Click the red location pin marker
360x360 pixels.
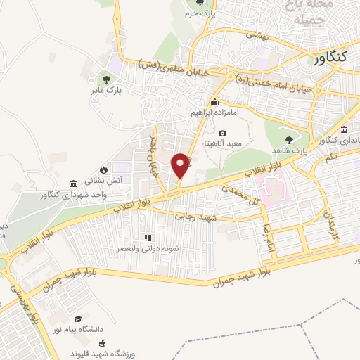tap(181, 165)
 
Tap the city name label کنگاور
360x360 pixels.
tap(328, 60)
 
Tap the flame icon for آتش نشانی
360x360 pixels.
tap(103, 169)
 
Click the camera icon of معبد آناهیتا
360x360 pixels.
tap(223, 133)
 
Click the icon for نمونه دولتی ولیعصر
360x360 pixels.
tap(147, 237)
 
